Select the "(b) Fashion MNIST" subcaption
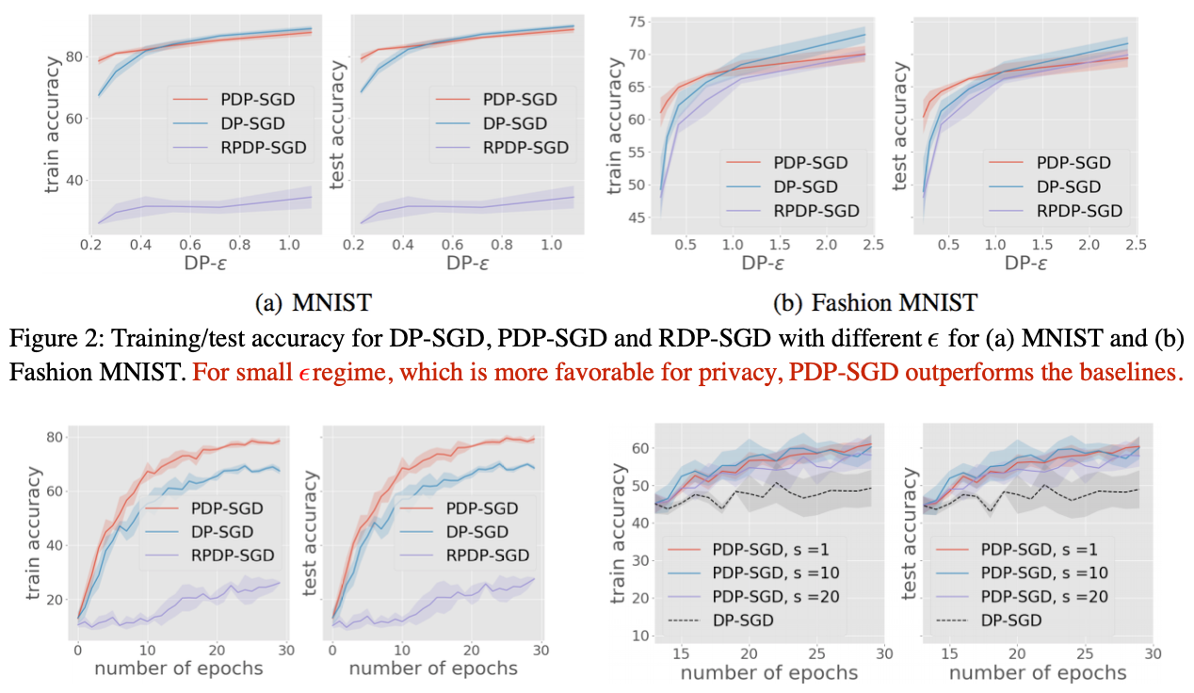[x=875, y=303]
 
